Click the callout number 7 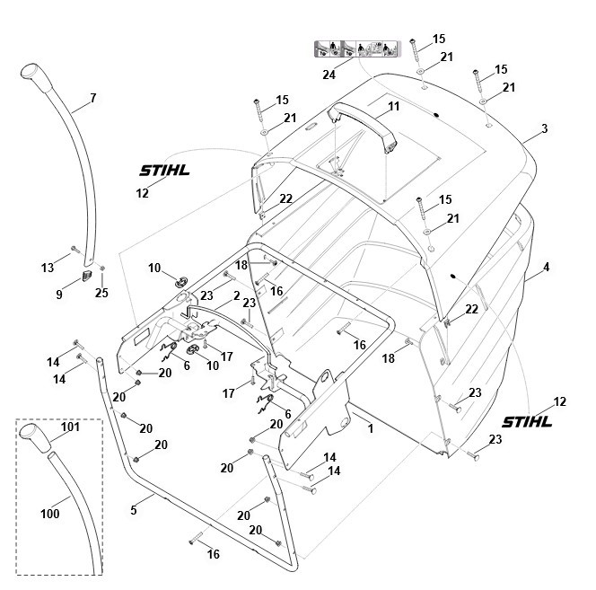(92, 97)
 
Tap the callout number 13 (47, 268)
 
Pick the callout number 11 (393, 106)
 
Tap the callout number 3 (544, 130)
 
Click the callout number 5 (134, 510)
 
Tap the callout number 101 (70, 427)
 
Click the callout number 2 (236, 295)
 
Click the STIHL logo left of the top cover (164, 171)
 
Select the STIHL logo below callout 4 (528, 420)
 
